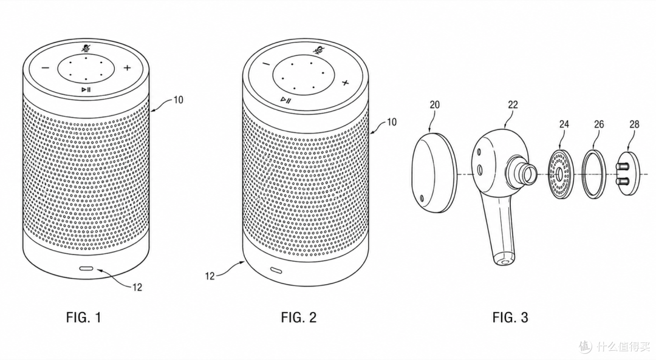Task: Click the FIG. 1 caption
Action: coord(83,318)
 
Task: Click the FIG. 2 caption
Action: coord(299,318)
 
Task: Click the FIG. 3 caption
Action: coord(510,318)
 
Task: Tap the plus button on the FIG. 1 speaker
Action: coord(127,68)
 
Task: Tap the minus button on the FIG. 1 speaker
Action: coord(46,68)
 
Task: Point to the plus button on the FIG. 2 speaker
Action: coord(345,83)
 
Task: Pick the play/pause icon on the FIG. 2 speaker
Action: coord(286,100)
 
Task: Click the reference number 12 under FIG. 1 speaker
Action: coord(137,287)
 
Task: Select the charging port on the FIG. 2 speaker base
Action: coord(276,270)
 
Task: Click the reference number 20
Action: coord(435,104)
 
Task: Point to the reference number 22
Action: coord(513,104)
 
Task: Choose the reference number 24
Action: coord(564,124)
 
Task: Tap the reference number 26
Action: coord(599,124)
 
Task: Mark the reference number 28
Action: coord(634,124)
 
